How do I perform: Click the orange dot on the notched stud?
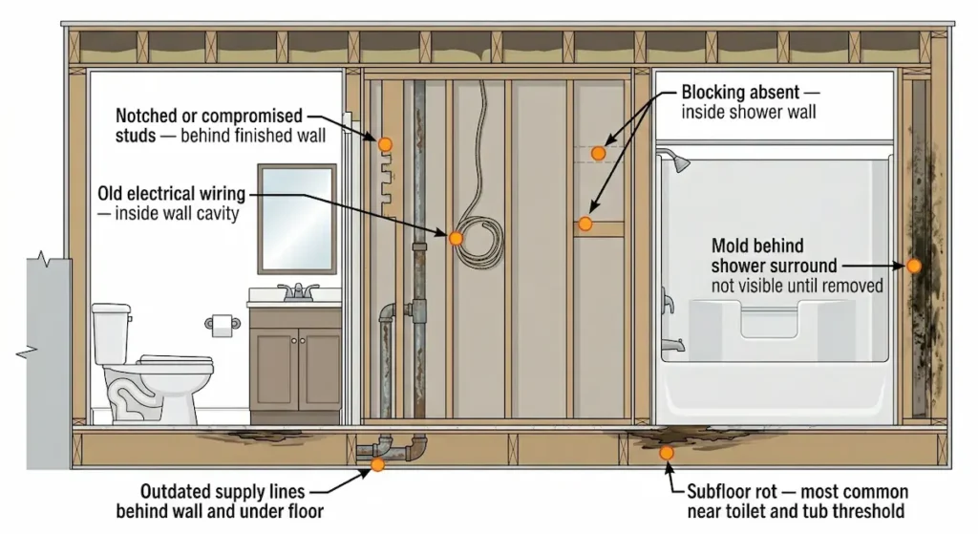pyautogui.click(x=385, y=144)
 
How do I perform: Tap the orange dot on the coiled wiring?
pyautogui.click(x=457, y=238)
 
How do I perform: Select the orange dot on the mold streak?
pyautogui.click(x=914, y=266)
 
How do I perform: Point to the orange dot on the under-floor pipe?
pyautogui.click(x=378, y=464)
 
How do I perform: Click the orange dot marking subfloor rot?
pyautogui.click(x=667, y=452)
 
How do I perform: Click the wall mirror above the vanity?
pyautogui.click(x=297, y=218)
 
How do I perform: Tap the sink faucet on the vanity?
pyautogui.click(x=299, y=290)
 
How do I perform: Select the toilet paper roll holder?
pyautogui.click(x=223, y=324)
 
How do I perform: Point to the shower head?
pyautogui.click(x=679, y=162)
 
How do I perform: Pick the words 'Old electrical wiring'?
pyautogui.click(x=171, y=195)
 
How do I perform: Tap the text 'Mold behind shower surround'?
pyautogui.click(x=774, y=255)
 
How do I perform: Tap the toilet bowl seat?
pyautogui.click(x=167, y=362)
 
